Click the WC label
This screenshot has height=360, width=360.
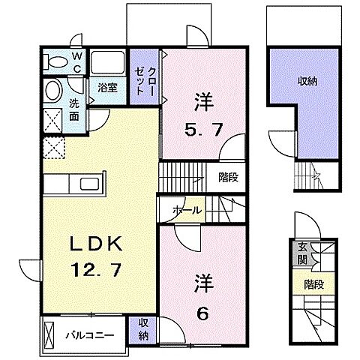(x=77, y=62)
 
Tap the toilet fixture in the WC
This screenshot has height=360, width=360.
(x=55, y=62)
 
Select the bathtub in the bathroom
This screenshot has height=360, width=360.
(x=107, y=62)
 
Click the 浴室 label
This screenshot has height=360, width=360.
(x=107, y=88)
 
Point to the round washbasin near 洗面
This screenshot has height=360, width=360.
(x=53, y=90)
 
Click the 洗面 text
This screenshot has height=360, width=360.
(x=74, y=110)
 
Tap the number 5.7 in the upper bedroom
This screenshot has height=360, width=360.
(x=203, y=130)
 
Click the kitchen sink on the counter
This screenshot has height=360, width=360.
(x=89, y=184)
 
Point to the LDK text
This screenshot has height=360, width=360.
(x=97, y=244)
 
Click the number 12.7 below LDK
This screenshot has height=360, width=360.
(x=96, y=270)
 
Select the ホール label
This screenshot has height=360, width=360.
(x=187, y=210)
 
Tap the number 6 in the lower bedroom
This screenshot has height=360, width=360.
(x=202, y=313)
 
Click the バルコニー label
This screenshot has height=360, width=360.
(x=90, y=335)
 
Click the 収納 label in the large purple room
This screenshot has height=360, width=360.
(x=307, y=81)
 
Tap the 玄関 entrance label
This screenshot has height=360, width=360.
(x=302, y=254)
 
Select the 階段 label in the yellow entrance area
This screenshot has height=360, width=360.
(x=314, y=284)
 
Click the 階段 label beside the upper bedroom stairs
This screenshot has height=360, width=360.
(x=229, y=178)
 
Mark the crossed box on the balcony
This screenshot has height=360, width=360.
(x=49, y=334)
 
